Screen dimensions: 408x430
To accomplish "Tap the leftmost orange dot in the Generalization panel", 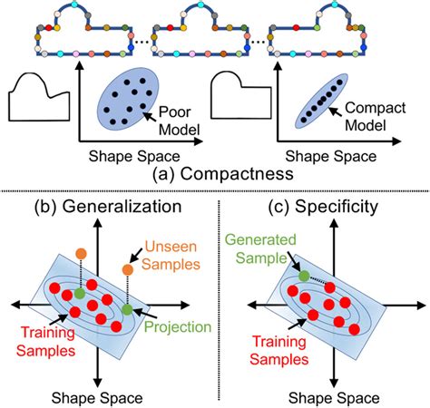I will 82,251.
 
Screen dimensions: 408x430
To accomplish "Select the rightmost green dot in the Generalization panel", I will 126,309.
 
